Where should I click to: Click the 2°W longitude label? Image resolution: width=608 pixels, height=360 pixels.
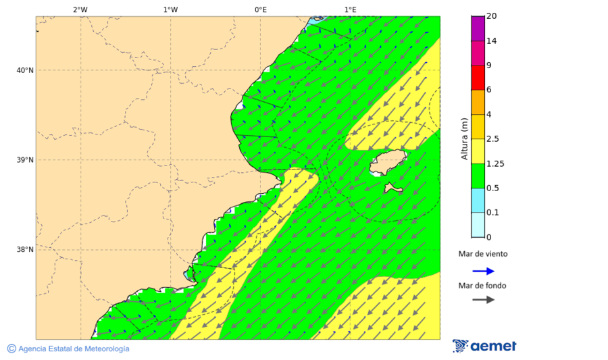(x=80, y=9)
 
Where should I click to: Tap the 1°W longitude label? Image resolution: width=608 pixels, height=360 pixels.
(x=170, y=9)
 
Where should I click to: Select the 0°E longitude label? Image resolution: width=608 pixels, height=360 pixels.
(x=260, y=9)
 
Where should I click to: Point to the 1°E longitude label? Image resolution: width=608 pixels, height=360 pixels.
(x=351, y=9)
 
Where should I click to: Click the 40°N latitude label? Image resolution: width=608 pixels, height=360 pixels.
(x=25, y=70)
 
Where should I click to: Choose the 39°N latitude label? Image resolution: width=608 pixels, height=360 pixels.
(x=25, y=160)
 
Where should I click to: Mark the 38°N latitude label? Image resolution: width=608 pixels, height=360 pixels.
(x=25, y=250)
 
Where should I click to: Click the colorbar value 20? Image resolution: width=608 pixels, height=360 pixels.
(x=491, y=16)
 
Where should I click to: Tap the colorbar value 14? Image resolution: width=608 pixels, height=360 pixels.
(x=491, y=41)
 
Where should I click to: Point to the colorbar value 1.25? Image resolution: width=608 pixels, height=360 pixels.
(x=495, y=163)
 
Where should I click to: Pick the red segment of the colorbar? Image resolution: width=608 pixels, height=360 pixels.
(x=478, y=78)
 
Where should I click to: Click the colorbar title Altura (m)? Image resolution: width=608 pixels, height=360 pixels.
(x=464, y=138)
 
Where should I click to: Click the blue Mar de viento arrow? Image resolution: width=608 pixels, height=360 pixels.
(x=483, y=271)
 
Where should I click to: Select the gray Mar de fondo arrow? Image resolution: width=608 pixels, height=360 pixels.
(x=483, y=300)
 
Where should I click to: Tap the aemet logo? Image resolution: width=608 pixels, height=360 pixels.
(x=484, y=346)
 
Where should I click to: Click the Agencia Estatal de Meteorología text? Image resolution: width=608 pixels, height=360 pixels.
(x=73, y=349)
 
